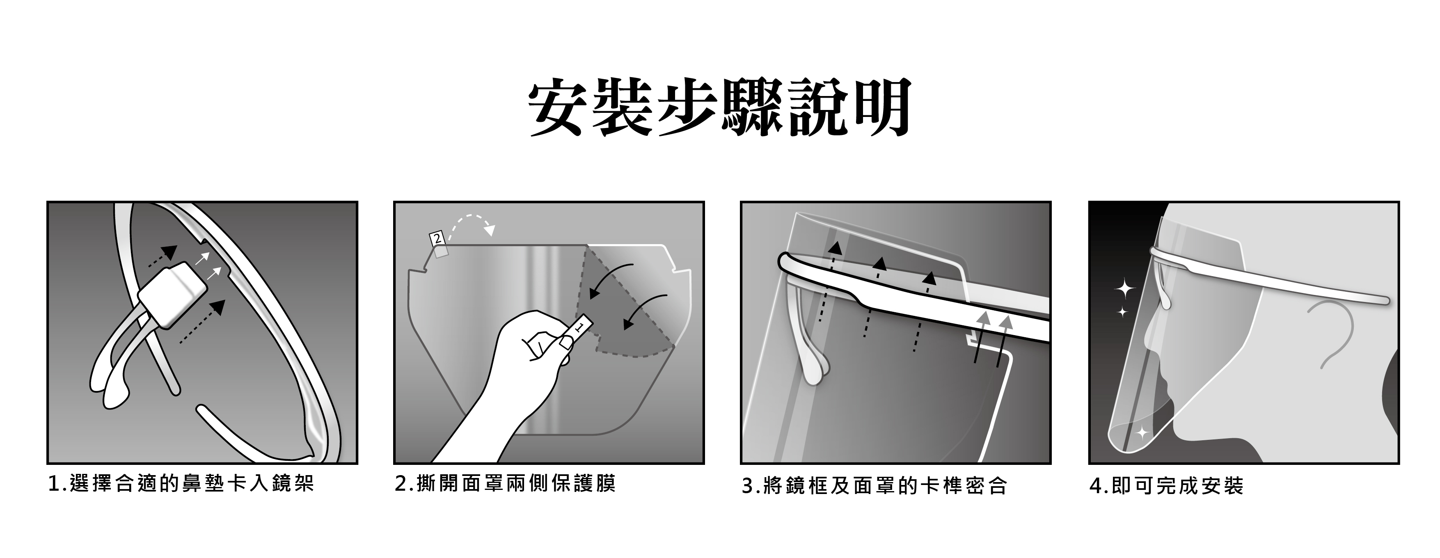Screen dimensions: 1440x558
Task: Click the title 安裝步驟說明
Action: (x=719, y=108)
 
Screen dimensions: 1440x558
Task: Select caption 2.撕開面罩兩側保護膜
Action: (x=505, y=484)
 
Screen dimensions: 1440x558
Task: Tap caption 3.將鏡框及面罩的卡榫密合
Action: (x=874, y=486)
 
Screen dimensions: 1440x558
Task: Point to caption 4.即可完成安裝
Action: (x=1166, y=486)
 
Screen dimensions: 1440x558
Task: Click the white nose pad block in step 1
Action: (x=173, y=296)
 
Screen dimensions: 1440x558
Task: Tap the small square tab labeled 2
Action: (x=437, y=239)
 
